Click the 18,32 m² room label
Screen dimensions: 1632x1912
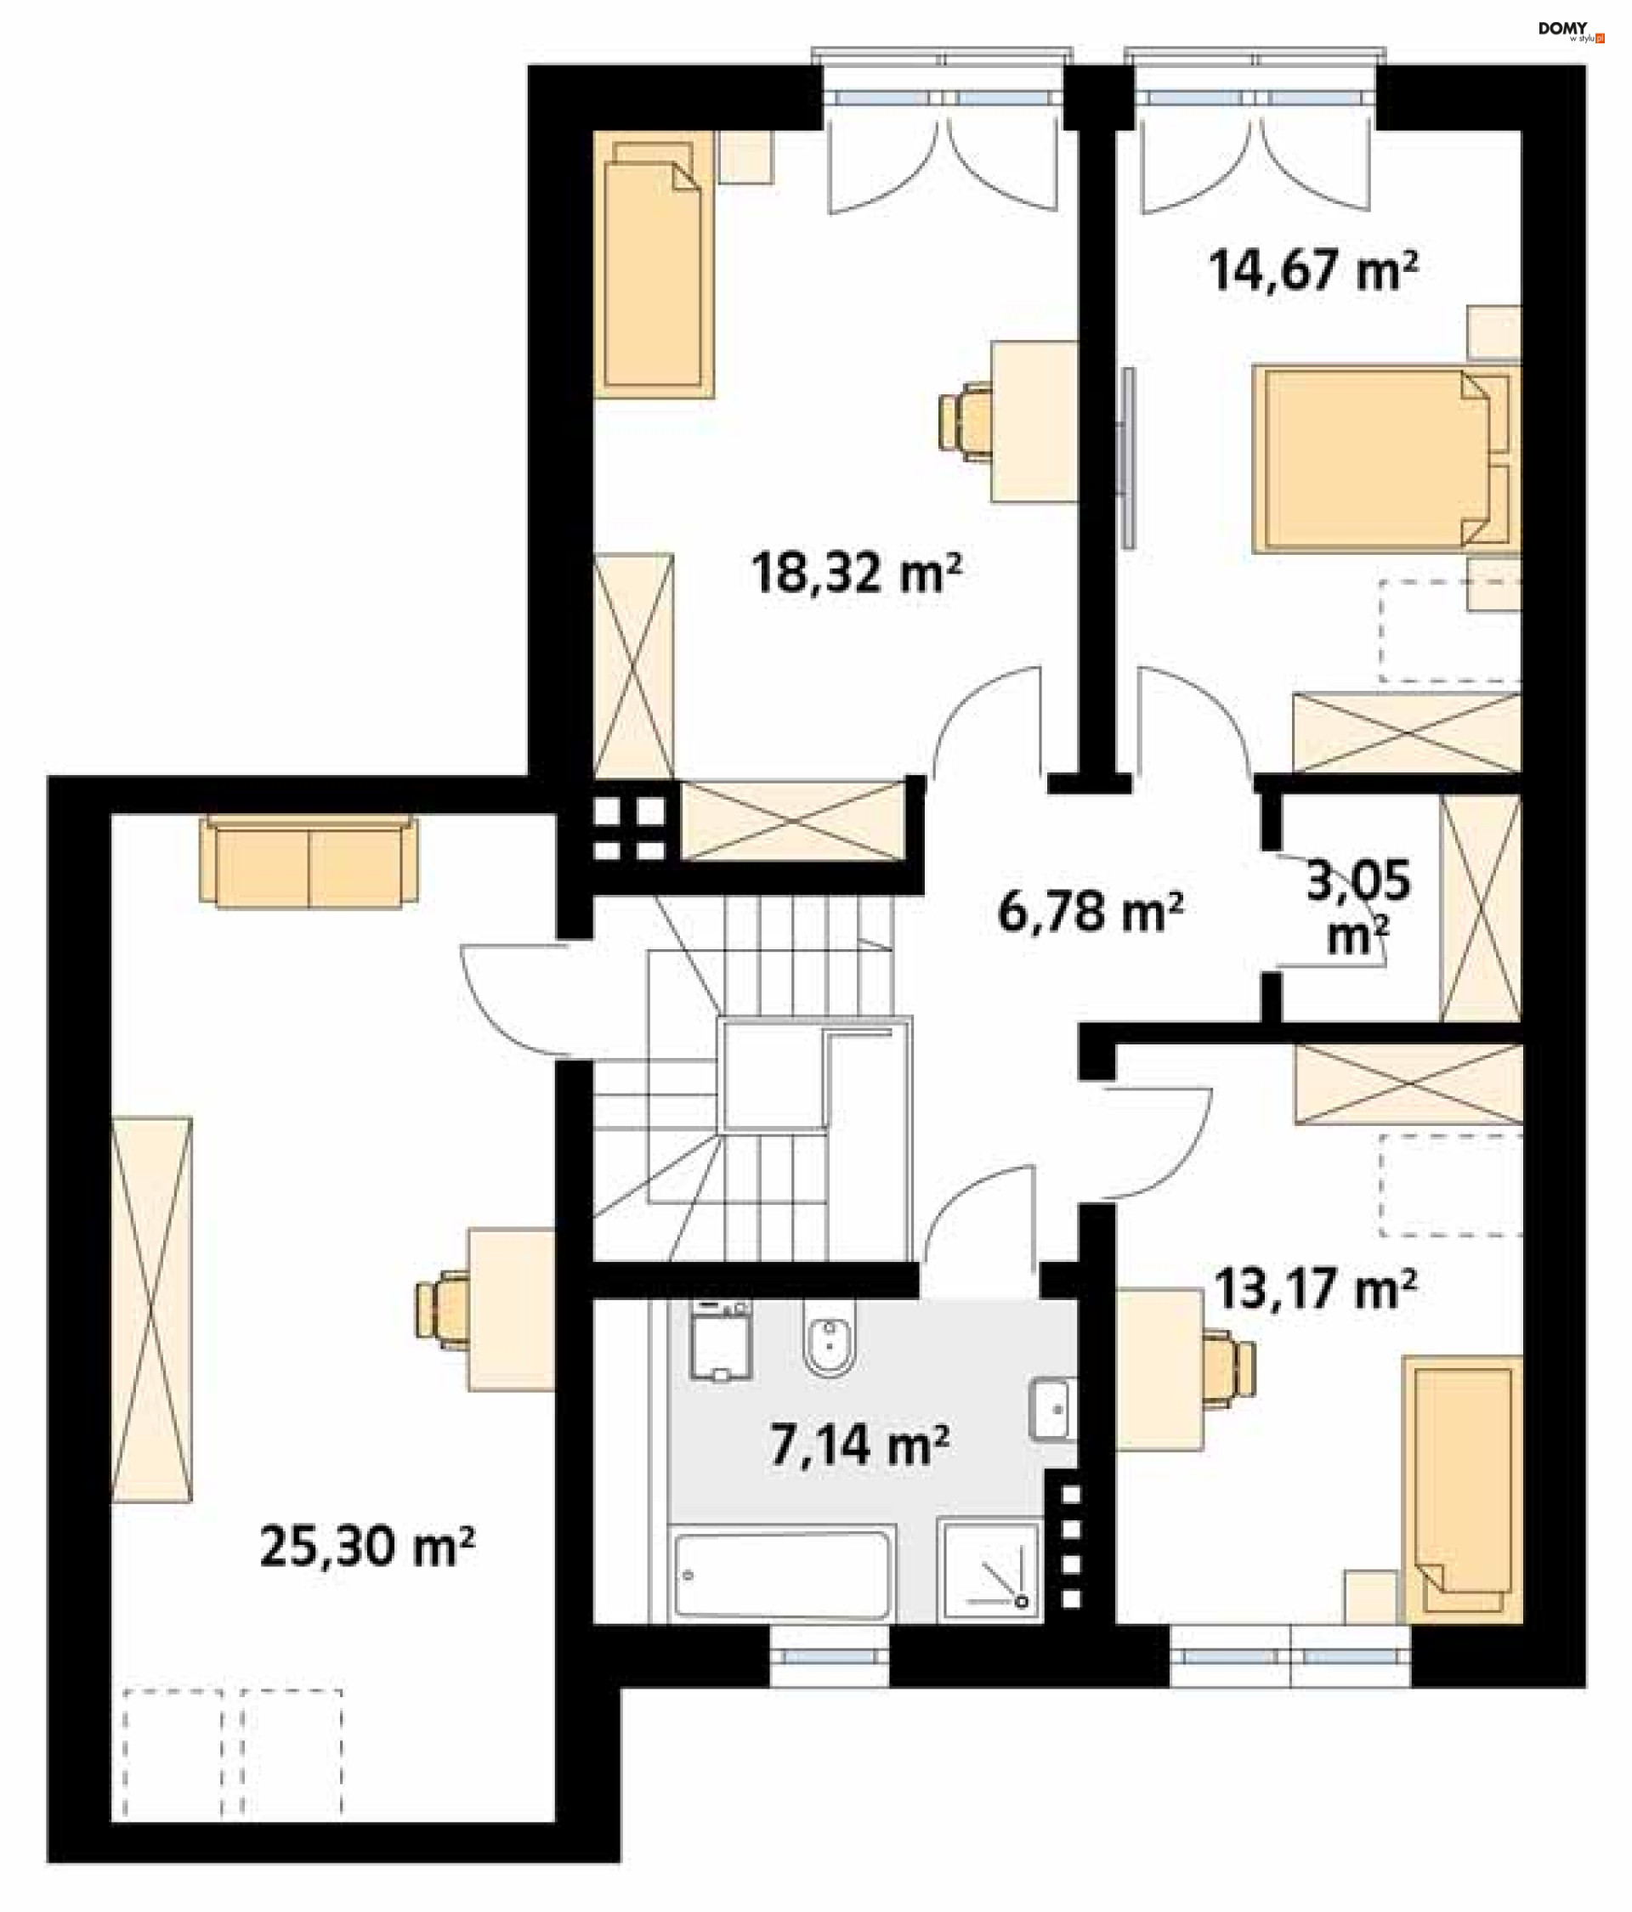(x=856, y=573)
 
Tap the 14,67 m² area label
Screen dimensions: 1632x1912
(x=1312, y=270)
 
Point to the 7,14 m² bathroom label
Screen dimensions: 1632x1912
(x=859, y=1445)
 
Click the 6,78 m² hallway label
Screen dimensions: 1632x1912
(x=1091, y=912)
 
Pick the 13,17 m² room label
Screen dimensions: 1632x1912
(x=1316, y=1289)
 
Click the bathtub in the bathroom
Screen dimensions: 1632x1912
(x=784, y=1575)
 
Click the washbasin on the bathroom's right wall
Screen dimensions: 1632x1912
(x=1051, y=1409)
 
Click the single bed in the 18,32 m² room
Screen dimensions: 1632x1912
(x=654, y=265)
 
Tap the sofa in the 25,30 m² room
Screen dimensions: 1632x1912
(x=309, y=861)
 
